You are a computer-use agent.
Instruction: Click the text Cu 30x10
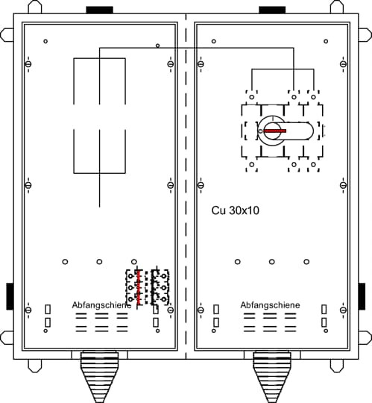pyautogui.click(x=235, y=210)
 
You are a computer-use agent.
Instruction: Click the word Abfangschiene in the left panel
pyautogui.click(x=101, y=305)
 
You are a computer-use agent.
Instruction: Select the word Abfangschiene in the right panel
pyautogui.click(x=270, y=305)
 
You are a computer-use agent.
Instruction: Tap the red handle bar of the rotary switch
pyautogui.click(x=275, y=131)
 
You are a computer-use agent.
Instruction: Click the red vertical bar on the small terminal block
pyautogui.click(x=139, y=287)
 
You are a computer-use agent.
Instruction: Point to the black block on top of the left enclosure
pyautogui.click(x=100, y=10)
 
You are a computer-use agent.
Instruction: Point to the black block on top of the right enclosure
pyautogui.click(x=272, y=10)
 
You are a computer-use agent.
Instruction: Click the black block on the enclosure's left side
pyautogui.click(x=10, y=296)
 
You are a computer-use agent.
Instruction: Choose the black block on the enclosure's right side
pyautogui.click(x=362, y=296)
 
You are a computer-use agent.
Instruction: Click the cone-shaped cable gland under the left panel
pyautogui.click(x=100, y=377)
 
